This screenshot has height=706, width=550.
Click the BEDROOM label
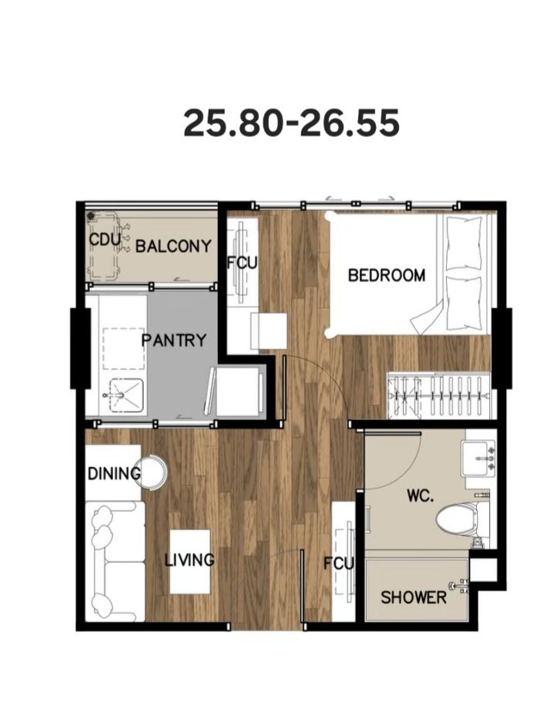pyautogui.click(x=386, y=275)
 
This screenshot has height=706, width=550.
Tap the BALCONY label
pyautogui.click(x=173, y=246)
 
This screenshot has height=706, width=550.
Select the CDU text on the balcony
pyautogui.click(x=105, y=240)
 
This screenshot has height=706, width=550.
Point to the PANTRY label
pyautogui.click(x=174, y=340)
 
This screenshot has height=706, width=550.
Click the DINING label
pyautogui.click(x=114, y=474)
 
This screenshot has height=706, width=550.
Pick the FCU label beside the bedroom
pyautogui.click(x=242, y=263)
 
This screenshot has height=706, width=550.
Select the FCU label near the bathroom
pyautogui.click(x=338, y=563)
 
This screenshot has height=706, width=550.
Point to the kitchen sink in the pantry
pyautogui.click(x=126, y=395)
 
